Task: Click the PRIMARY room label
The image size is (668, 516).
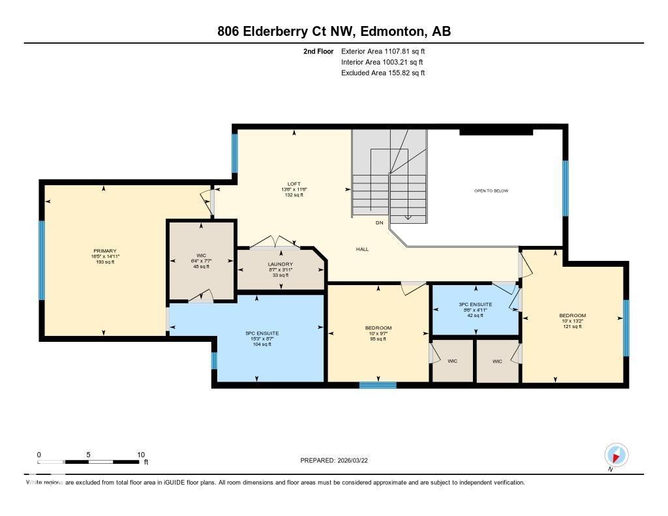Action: coord(104,251)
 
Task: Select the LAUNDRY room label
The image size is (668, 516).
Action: coord(280,264)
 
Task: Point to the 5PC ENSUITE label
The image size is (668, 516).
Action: coord(257,333)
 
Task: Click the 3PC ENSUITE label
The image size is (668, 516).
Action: coord(476,305)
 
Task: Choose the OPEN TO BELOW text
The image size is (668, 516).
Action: coord(491,190)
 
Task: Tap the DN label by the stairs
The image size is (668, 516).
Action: coord(379,223)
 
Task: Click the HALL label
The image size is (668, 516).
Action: coord(363,249)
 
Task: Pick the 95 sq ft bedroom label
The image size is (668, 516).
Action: coord(378,327)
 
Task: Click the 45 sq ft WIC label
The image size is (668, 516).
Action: coord(201,255)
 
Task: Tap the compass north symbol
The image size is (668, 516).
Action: coord(616,455)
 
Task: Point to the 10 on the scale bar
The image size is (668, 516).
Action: coord(140,454)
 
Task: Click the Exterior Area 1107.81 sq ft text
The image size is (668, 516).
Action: coord(383,51)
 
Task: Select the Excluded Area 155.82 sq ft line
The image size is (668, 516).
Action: coord(383,73)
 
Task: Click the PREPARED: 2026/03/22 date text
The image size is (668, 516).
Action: coord(338,460)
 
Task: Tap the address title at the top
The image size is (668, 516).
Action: coord(334,31)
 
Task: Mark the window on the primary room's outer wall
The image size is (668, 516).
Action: coord(42,260)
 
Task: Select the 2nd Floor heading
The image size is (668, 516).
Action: coord(318,51)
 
